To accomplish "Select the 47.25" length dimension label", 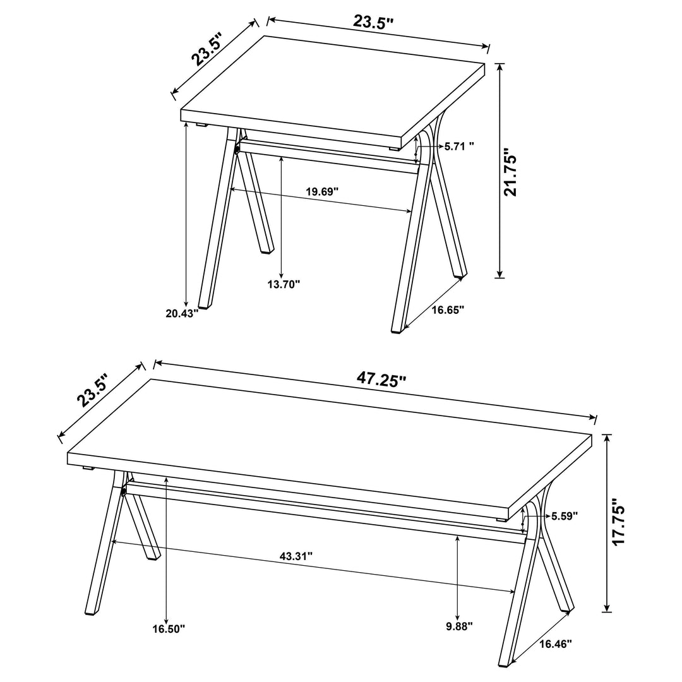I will click(381, 379).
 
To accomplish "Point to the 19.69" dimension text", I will click(323, 191).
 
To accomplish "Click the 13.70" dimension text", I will click(284, 284).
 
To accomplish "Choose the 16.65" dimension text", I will click(448, 309).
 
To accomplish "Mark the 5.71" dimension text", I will click(459, 146).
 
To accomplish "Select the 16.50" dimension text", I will click(169, 629).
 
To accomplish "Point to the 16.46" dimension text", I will click(556, 644).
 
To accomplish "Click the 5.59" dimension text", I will click(564, 516).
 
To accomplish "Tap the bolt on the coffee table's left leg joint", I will click(123, 490).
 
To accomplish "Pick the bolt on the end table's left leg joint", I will click(237, 149).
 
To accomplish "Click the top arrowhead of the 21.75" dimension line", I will click(500, 66).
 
